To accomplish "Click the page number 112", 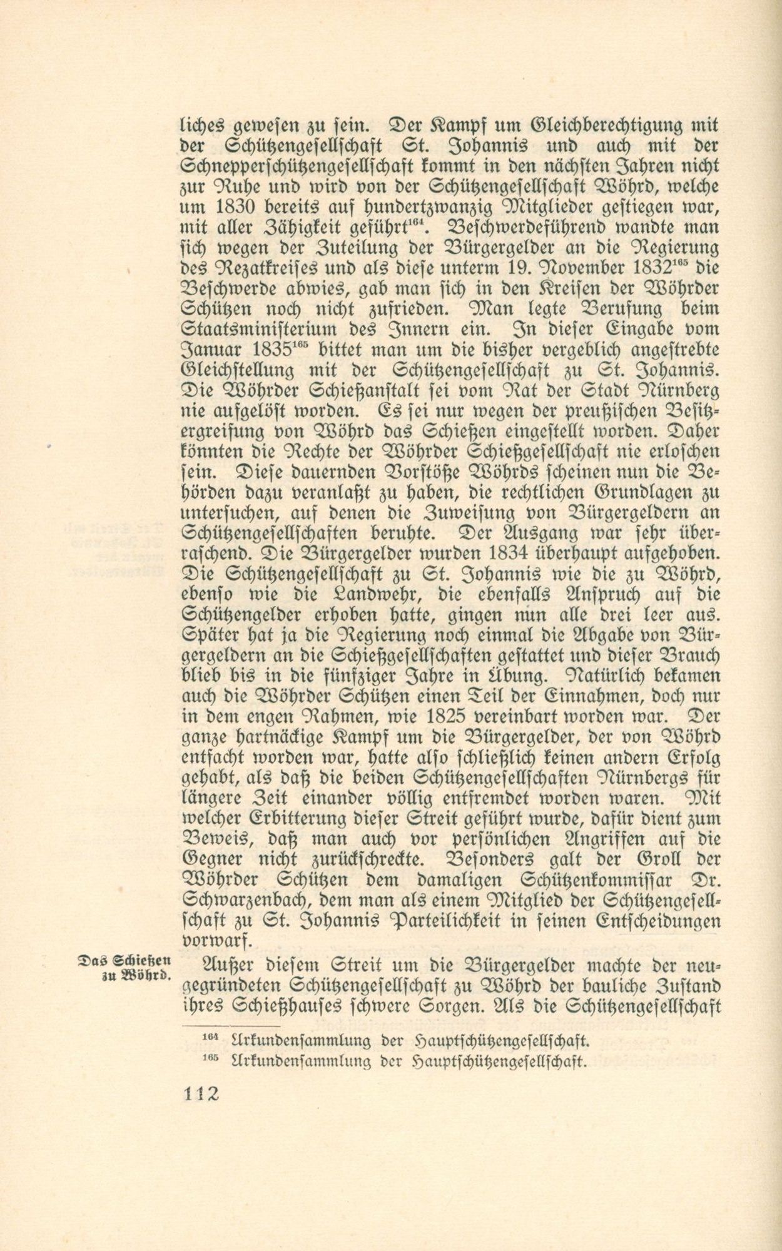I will point(201,1094).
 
